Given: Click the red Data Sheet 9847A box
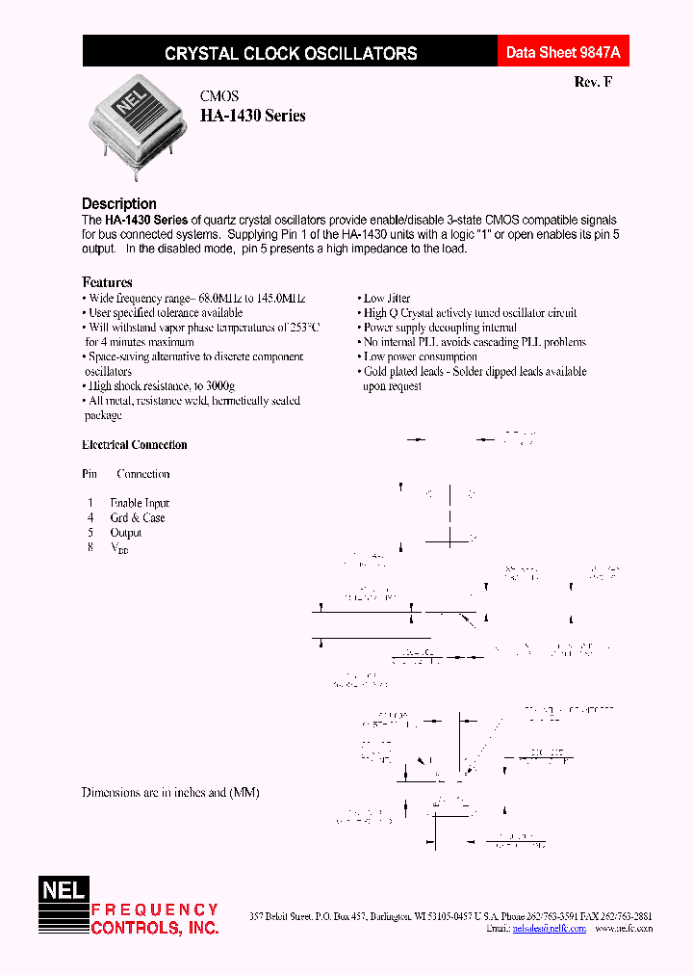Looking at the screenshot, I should pyautogui.click(x=563, y=53).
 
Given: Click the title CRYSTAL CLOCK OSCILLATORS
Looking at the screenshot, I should pyautogui.click(x=291, y=54).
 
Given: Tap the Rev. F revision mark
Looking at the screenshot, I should pyautogui.click(x=592, y=82).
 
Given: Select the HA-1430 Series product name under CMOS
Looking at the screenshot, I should pyautogui.click(x=252, y=116).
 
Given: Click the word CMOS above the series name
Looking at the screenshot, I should pyautogui.click(x=219, y=96).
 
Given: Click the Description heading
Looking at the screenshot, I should pyautogui.click(x=119, y=203).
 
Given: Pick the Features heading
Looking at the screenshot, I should pyautogui.click(x=107, y=282).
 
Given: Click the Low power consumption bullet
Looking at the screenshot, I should pyautogui.click(x=420, y=356).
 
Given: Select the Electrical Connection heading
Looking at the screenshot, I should pyautogui.click(x=134, y=445).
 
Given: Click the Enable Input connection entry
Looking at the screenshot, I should pyautogui.click(x=140, y=503).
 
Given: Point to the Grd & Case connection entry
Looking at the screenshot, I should pyautogui.click(x=138, y=517).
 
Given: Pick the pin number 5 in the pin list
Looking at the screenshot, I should pyautogui.click(x=90, y=532).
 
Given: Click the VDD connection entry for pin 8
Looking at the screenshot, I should pyautogui.click(x=119, y=547).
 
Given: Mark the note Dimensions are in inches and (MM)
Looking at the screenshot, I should pyautogui.click(x=170, y=792).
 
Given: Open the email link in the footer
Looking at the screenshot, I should pyautogui.click(x=550, y=928).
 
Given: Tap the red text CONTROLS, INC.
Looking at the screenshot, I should pyautogui.click(x=155, y=928).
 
